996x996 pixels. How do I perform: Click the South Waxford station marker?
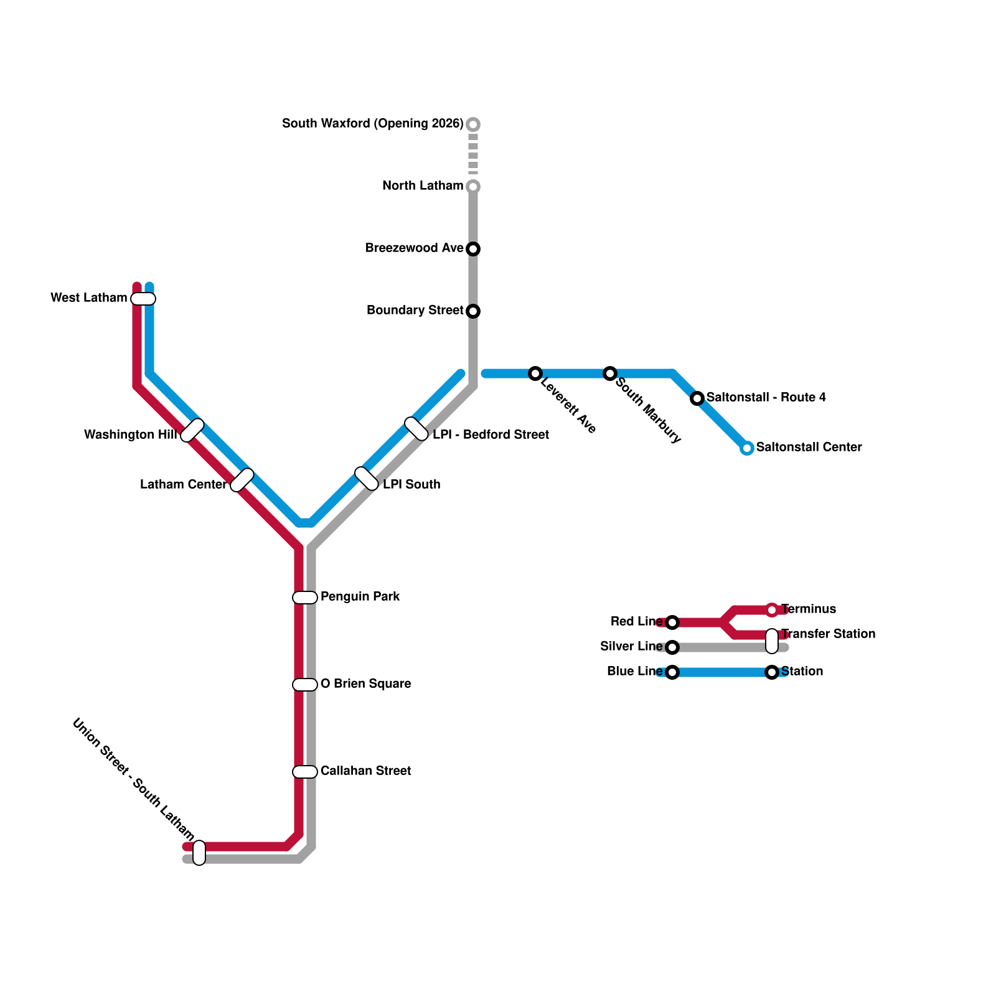(473, 125)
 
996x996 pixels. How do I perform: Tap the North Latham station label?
(422, 186)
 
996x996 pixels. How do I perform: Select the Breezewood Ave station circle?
(473, 249)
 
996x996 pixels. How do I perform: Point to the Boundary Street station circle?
(473, 311)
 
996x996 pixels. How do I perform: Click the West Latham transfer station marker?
(143, 299)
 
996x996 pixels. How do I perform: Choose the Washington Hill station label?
(130, 435)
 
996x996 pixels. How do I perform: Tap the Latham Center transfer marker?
(242, 480)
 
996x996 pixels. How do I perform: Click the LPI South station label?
(411, 484)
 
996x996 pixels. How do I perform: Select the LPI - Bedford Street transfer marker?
(416, 429)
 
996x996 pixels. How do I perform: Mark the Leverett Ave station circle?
(535, 374)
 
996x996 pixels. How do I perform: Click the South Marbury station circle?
(610, 374)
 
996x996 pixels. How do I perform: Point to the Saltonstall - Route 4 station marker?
(697, 398)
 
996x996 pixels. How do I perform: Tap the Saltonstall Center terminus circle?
(747, 448)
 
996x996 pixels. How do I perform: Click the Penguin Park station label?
(360, 596)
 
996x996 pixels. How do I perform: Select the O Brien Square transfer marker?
(305, 685)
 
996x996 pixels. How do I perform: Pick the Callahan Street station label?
(365, 771)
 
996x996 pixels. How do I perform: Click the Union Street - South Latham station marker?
(199, 853)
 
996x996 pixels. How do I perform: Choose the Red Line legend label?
(636, 621)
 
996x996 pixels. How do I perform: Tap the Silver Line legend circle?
(672, 647)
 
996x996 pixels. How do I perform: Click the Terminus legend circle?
(772, 610)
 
